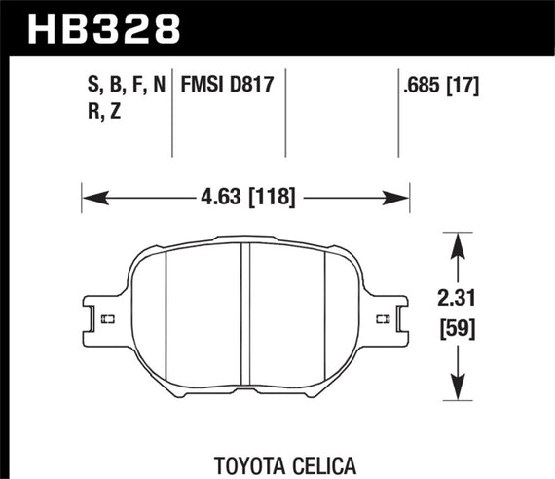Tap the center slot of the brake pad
click(245, 321)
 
